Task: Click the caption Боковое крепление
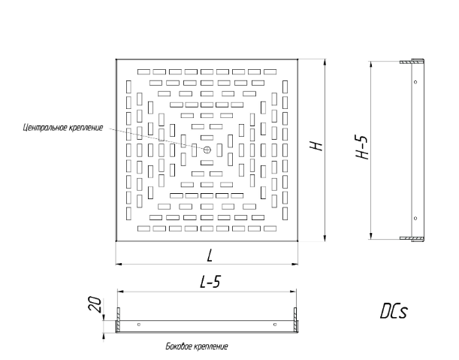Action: [195, 346]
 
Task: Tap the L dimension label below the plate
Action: [208, 256]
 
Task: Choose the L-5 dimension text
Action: [208, 283]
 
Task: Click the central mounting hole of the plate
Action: [207, 149]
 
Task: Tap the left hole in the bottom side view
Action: [139, 325]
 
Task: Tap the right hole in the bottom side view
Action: [276, 325]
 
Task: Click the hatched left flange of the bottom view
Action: [117, 325]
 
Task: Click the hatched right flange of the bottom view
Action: [297, 325]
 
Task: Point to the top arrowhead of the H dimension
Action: [324, 61]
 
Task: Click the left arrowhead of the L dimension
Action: [119, 264]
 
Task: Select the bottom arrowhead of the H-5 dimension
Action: [371, 237]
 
